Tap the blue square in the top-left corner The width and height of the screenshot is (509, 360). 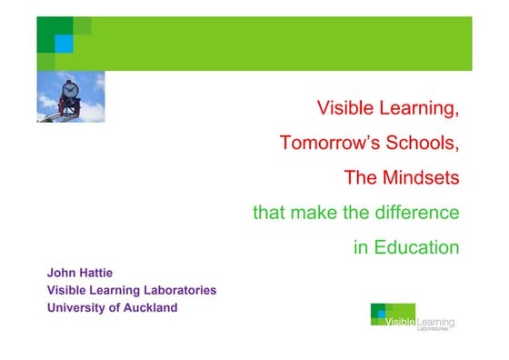[x=64, y=44]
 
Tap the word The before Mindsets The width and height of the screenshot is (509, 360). [x=360, y=176]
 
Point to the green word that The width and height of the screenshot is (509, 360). [x=268, y=213]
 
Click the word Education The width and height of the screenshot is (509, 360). [x=416, y=246]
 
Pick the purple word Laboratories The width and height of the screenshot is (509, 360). [x=176, y=290]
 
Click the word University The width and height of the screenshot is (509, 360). [x=77, y=307]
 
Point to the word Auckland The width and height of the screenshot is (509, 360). [x=151, y=307]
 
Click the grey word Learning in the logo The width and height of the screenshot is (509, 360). [x=435, y=322]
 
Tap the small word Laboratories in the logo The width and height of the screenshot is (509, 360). [x=433, y=329]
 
